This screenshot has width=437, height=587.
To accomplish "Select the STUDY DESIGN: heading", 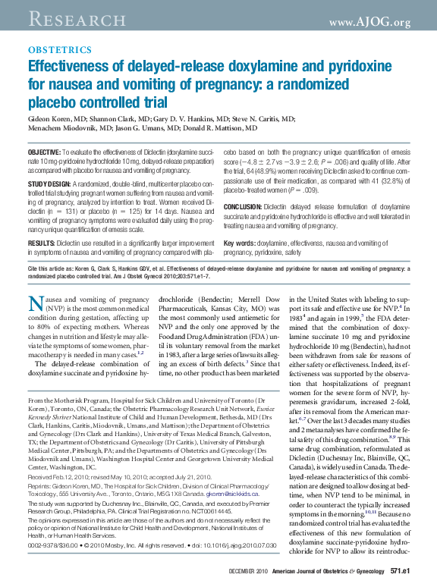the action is point(52,184).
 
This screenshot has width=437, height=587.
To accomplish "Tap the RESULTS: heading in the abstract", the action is point(45,243).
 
